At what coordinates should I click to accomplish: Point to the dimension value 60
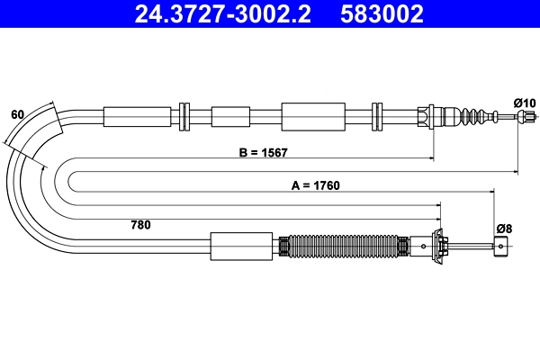(x=17, y=115)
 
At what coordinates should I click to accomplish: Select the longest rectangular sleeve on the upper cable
(x=313, y=116)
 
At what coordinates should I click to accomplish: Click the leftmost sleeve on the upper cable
(x=137, y=116)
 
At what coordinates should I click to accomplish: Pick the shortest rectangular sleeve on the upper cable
(x=230, y=116)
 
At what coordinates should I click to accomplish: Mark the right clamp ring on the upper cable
(x=378, y=116)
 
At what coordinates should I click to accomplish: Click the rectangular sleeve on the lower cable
(x=241, y=246)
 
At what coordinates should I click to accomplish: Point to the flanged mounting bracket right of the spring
(x=441, y=246)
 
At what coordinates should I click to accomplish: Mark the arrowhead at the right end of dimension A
(x=492, y=192)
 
